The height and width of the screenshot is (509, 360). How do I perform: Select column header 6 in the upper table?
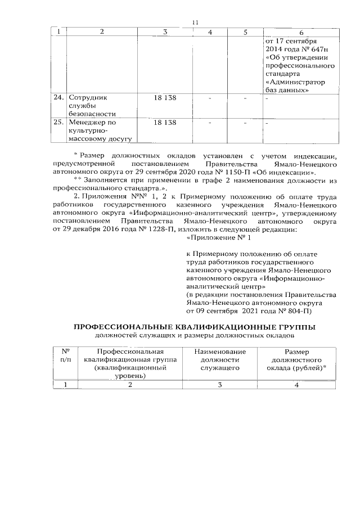pyautogui.click(x=301, y=32)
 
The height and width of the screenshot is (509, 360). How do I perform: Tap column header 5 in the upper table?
pyautogui.click(x=246, y=32)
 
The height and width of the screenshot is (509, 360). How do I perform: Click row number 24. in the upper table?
pyautogui.click(x=58, y=97)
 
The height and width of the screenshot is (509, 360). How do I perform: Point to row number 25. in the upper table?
pyautogui.click(x=58, y=121)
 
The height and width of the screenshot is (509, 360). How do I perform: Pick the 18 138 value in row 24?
pyautogui.click(x=164, y=97)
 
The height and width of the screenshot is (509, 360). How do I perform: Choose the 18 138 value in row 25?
pyautogui.click(x=164, y=121)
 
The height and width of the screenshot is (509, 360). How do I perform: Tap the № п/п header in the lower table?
pyautogui.click(x=66, y=354)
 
